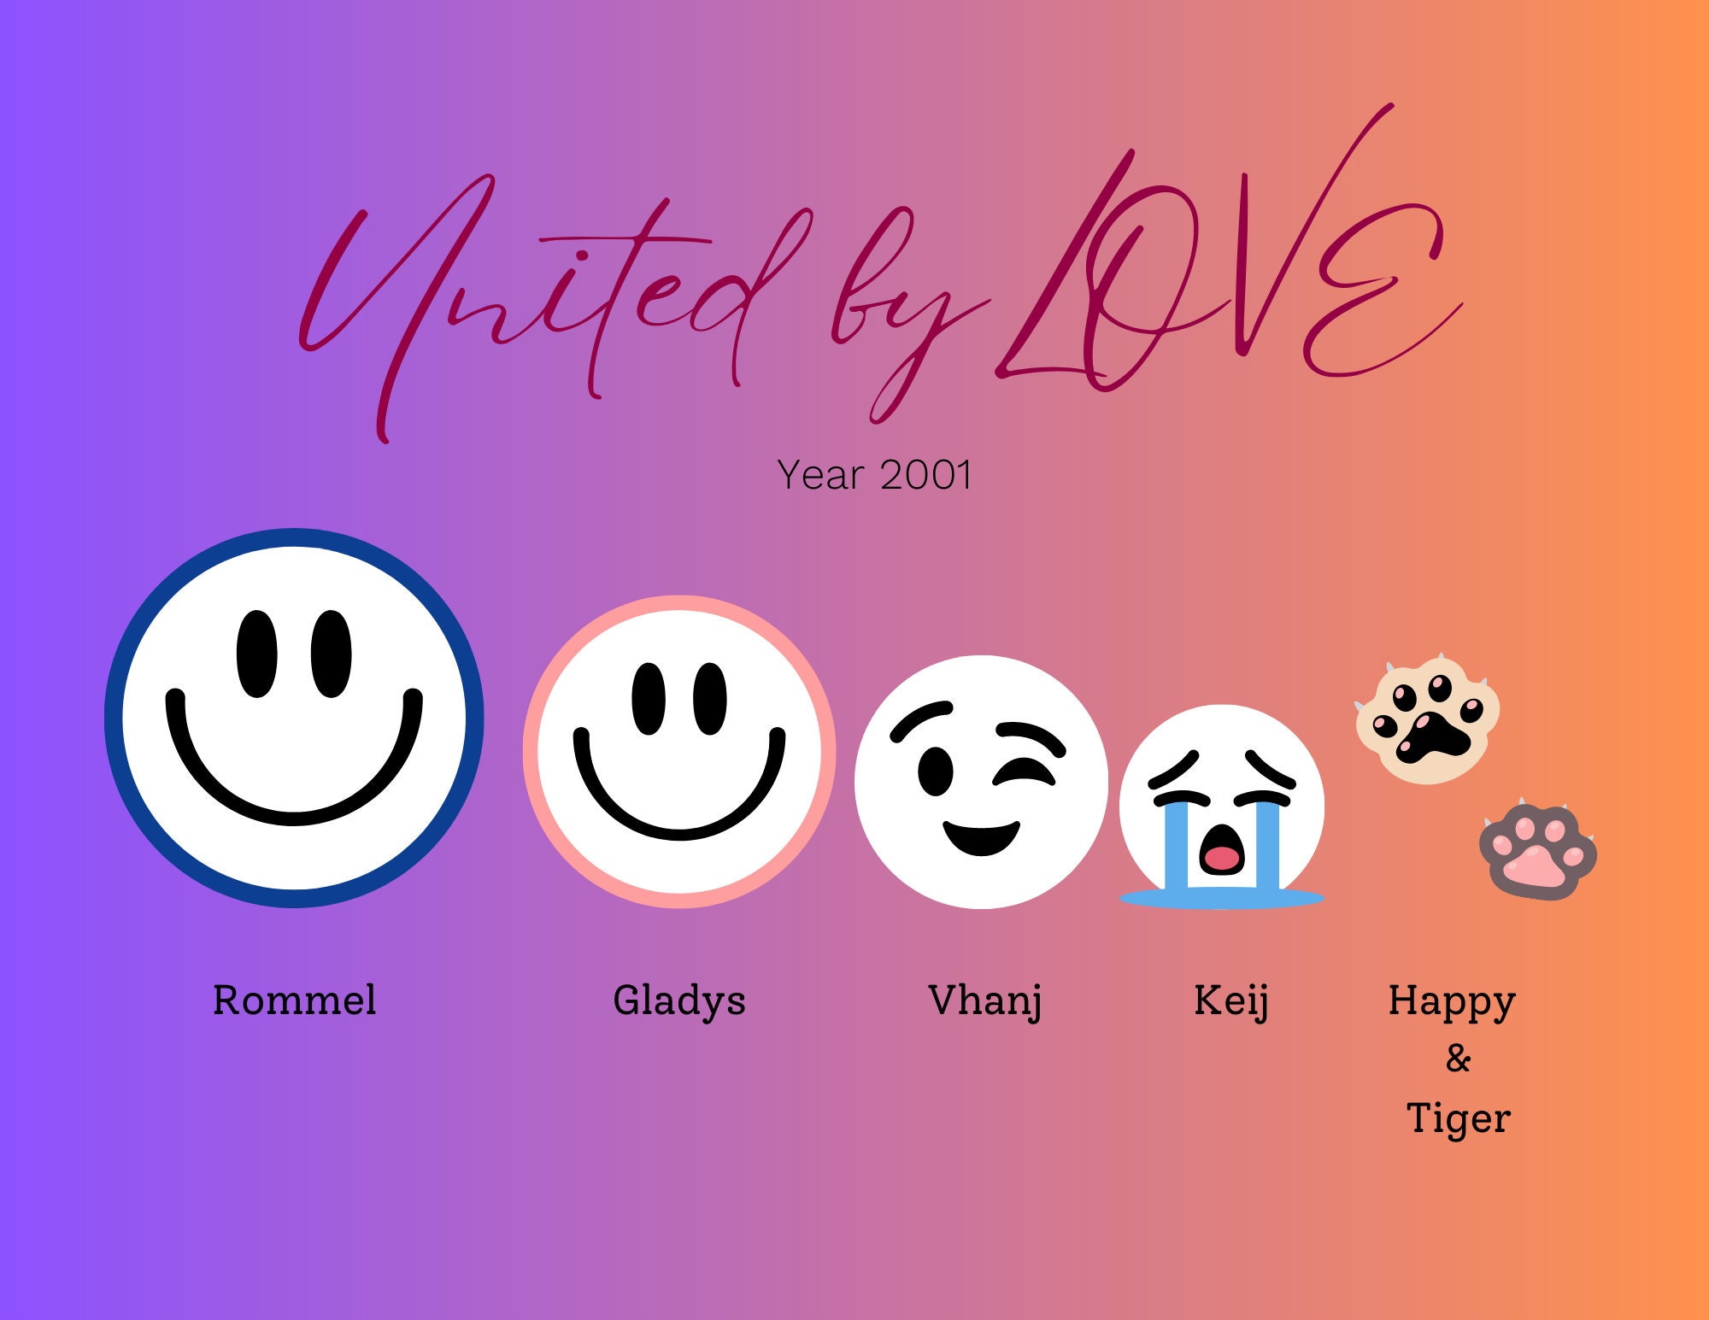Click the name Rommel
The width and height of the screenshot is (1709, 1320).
click(294, 1000)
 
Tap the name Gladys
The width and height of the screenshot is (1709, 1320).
click(679, 1000)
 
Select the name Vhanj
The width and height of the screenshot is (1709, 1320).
click(985, 1000)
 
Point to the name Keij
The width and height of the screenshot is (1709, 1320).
click(1230, 1000)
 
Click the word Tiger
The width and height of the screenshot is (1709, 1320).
click(1459, 1118)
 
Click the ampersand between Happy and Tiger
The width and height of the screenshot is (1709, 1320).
click(1459, 1059)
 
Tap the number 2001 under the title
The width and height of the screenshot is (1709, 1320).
click(926, 475)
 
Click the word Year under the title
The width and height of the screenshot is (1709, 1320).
click(820, 475)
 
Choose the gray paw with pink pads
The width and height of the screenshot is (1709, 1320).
click(1538, 852)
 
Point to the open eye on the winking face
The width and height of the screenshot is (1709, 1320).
click(936, 771)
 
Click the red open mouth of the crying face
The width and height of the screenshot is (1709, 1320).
click(1222, 857)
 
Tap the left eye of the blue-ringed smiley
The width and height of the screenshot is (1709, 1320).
click(256, 654)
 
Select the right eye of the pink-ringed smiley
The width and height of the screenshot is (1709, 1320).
click(710, 698)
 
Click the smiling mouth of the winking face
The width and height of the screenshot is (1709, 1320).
click(982, 836)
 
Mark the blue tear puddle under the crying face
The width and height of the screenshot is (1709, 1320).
click(1222, 898)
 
